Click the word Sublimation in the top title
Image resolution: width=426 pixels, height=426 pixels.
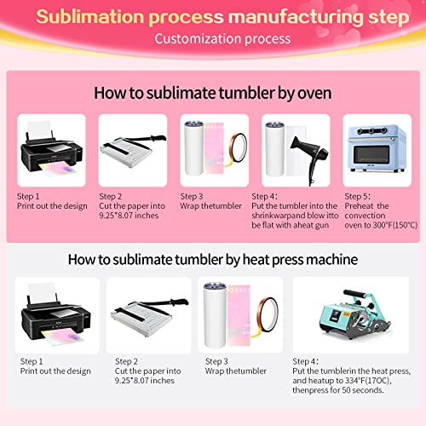click(90, 17)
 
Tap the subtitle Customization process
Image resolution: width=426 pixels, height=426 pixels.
click(222, 39)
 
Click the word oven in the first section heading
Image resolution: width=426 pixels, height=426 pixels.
click(314, 94)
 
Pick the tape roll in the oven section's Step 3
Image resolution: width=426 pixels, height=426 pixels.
click(236, 149)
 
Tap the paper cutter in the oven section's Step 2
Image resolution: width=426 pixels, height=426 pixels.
click(133, 151)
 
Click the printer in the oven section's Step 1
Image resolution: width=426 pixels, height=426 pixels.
click(51, 150)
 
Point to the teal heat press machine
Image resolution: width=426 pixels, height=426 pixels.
click(355, 314)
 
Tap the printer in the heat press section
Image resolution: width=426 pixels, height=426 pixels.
click(56, 314)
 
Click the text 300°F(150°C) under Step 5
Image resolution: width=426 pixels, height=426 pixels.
click(395, 225)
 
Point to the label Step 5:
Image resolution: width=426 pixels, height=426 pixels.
click(357, 196)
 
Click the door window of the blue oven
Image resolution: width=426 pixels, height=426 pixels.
click(371, 154)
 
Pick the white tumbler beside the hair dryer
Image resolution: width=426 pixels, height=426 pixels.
click(274, 149)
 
